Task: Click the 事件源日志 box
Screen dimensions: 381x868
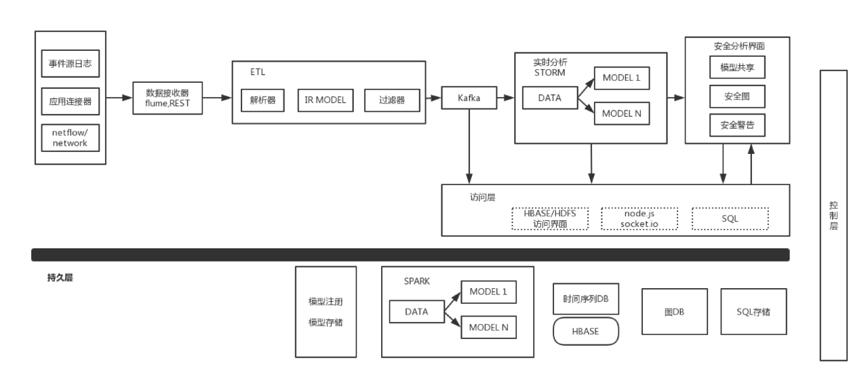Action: coord(71,64)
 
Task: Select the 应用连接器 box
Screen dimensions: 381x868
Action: coord(71,102)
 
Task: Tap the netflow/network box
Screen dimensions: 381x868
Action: coord(71,138)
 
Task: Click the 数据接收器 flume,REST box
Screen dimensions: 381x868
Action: coord(167,98)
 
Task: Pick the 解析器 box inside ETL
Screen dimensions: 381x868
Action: coord(262,100)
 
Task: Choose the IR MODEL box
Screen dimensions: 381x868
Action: coord(325,100)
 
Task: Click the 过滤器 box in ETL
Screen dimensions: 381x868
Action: coord(392,100)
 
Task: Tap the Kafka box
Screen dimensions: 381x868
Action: coord(469,98)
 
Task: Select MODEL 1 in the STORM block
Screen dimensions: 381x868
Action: coord(621,78)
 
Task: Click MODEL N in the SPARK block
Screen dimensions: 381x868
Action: coord(488,327)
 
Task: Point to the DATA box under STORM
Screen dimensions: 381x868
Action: coord(550,98)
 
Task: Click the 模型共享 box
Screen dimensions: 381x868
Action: coord(737,68)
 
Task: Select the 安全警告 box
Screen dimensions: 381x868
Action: coord(737,125)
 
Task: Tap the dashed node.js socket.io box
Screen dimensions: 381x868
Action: coord(639,218)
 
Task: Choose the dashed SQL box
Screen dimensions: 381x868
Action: coord(730,218)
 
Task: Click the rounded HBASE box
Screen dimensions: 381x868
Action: coord(586,332)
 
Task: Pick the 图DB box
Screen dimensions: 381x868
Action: coord(674,312)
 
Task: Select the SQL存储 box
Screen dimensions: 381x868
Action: coord(753,312)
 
